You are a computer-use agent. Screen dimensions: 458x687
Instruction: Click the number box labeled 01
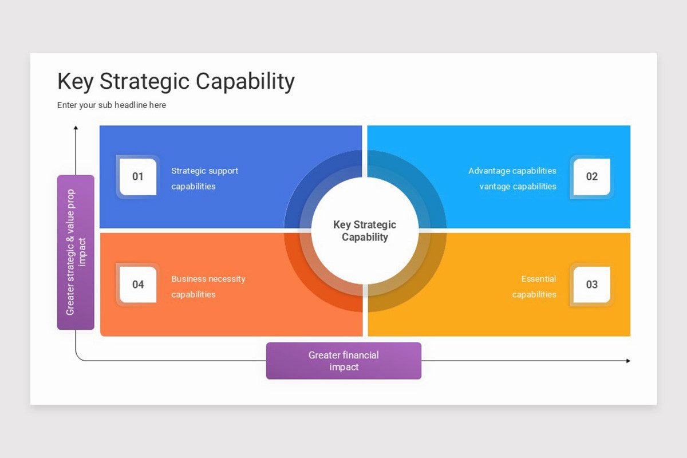pyautogui.click(x=138, y=176)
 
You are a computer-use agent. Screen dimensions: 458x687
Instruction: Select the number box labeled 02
pyautogui.click(x=591, y=176)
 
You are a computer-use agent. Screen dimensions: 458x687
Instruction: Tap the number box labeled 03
pyautogui.click(x=591, y=285)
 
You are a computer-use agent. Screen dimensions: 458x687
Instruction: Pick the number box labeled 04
pyautogui.click(x=138, y=285)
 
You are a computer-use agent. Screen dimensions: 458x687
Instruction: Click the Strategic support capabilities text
pyautogui.click(x=204, y=178)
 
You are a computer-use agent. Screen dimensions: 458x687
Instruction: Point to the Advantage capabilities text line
pyautogui.click(x=512, y=171)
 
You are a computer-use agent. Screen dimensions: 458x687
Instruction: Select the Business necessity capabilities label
pyautogui.click(x=208, y=286)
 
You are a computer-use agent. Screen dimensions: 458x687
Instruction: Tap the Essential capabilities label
pyautogui.click(x=535, y=286)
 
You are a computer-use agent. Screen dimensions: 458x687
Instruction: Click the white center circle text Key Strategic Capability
pyautogui.click(x=365, y=231)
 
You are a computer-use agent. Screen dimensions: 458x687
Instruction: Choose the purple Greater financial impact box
pyautogui.click(x=343, y=361)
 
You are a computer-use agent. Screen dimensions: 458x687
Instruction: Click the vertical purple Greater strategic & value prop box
pyautogui.click(x=76, y=252)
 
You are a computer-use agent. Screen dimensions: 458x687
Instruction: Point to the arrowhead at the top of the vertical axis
pyautogui.click(x=76, y=128)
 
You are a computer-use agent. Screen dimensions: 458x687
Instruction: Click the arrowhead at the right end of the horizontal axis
pyautogui.click(x=628, y=361)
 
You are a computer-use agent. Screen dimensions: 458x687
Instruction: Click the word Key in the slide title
pyautogui.click(x=76, y=81)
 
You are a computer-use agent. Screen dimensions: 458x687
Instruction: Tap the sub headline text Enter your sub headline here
pyautogui.click(x=112, y=105)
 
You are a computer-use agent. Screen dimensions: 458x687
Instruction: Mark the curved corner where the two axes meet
pyautogui.click(x=78, y=358)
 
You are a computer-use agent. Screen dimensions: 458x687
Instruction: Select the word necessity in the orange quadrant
pyautogui.click(x=226, y=279)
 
